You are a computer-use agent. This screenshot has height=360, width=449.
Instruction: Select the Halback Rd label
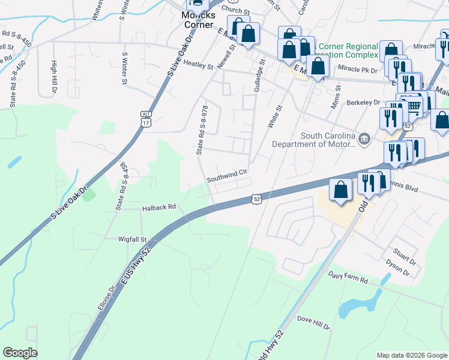click(x=158, y=207)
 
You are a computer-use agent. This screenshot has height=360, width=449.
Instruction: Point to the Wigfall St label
click(x=133, y=239)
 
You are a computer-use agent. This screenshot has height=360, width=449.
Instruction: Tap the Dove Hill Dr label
click(x=313, y=323)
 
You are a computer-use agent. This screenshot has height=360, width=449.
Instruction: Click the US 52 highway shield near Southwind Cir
click(x=257, y=198)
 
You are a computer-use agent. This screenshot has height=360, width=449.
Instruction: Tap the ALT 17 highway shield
click(x=146, y=119)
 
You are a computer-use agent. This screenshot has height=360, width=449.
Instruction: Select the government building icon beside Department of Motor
click(x=364, y=140)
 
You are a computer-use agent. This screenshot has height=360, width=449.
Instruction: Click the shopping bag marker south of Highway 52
click(x=340, y=191)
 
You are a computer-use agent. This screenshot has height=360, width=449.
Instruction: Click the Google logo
click(x=20, y=353)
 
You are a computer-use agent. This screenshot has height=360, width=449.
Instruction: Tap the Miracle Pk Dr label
click(x=357, y=70)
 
